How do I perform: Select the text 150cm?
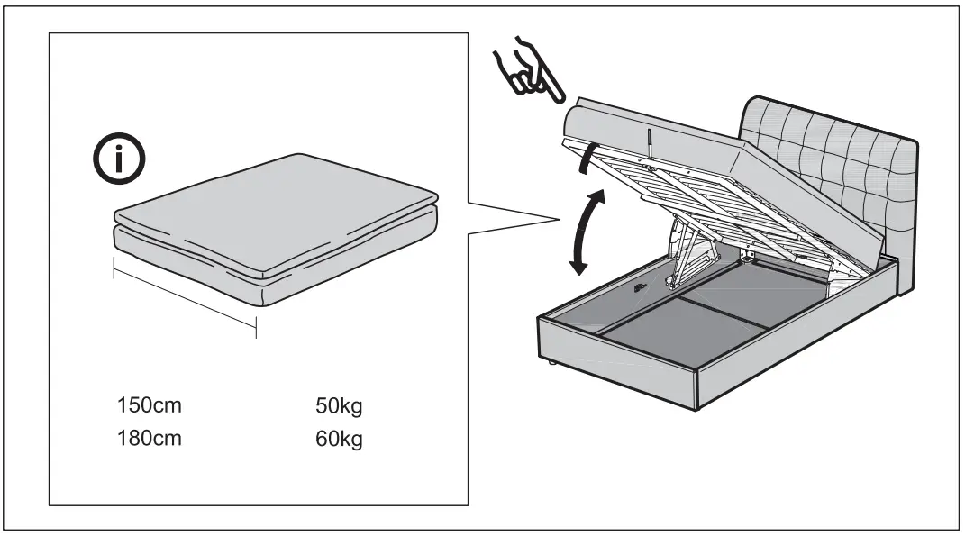tap(149, 405)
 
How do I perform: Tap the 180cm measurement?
tap(149, 440)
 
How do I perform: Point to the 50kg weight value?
tap(339, 405)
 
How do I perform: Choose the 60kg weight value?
tap(339, 441)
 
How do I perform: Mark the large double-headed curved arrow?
tap(584, 231)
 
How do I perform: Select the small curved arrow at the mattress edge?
tap(587, 157)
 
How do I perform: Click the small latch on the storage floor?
tap(641, 288)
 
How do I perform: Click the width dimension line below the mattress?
tap(185, 297)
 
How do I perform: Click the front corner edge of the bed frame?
tap(696, 387)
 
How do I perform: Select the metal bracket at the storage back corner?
tap(747, 256)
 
